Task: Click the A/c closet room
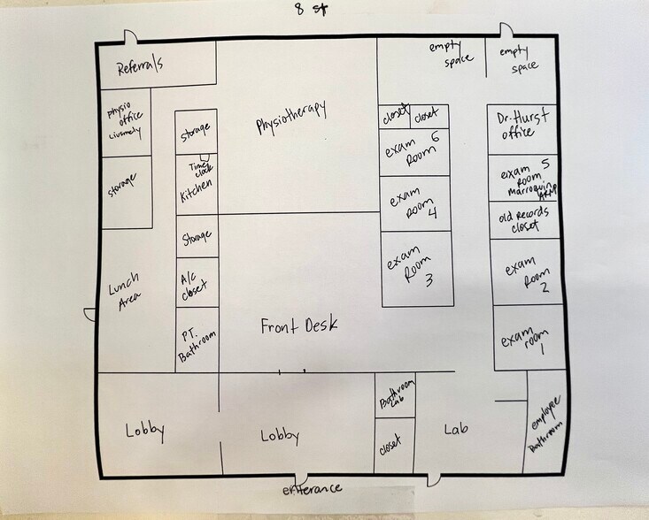195,284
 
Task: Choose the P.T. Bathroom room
197,340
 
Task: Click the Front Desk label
298,326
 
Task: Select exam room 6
413,151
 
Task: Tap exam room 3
413,270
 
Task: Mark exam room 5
523,177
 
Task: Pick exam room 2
527,272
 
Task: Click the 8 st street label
313,11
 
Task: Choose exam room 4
413,204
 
